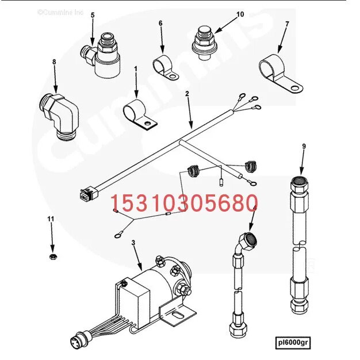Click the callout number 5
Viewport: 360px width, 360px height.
[93, 15]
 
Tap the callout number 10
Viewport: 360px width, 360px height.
[240, 14]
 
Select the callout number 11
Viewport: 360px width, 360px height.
[51, 219]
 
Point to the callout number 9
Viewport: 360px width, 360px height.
[304, 146]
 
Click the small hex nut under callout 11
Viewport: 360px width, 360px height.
[53, 256]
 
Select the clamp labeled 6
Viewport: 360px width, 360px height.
[165, 67]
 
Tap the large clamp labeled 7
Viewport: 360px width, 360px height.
[280, 73]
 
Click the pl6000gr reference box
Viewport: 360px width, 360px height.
[293, 343]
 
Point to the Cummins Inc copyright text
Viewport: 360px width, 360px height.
[60, 12]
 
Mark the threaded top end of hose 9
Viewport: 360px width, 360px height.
[299, 182]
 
